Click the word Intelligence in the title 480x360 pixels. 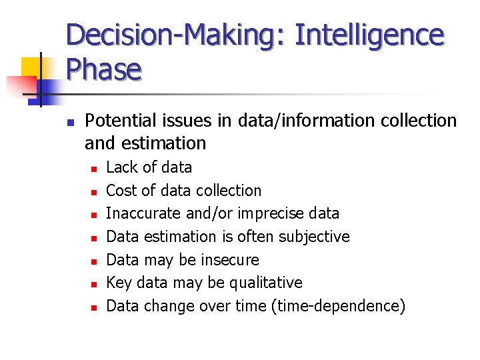[369, 35]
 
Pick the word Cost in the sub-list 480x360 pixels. [121, 191]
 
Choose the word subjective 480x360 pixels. [314, 237]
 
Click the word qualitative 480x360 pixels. [265, 283]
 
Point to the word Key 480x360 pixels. [119, 283]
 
